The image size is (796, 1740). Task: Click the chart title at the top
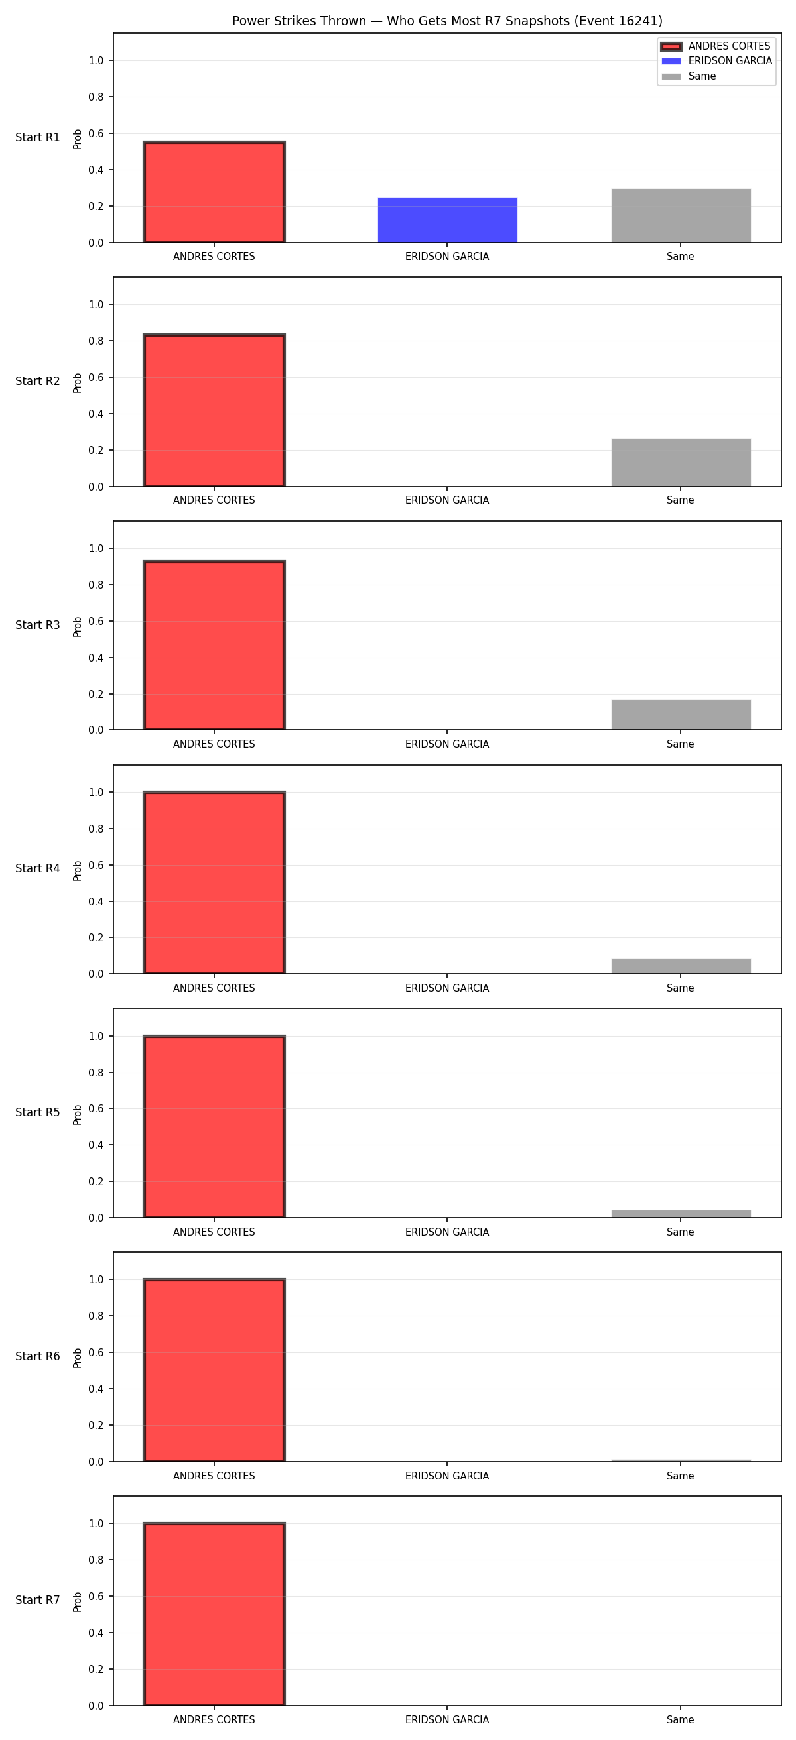tap(447, 21)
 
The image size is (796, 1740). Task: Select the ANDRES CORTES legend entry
tap(716, 46)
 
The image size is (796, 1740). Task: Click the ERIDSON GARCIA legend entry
tap(716, 61)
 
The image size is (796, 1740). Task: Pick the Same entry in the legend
tap(689, 76)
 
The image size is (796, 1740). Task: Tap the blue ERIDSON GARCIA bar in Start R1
tap(447, 219)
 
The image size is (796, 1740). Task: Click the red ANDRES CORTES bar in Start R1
tap(214, 192)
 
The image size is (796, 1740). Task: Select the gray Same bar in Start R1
tap(681, 215)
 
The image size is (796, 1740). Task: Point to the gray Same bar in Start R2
tap(681, 462)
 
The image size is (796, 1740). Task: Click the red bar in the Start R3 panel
tap(214, 645)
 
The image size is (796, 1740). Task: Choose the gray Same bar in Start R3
tap(681, 715)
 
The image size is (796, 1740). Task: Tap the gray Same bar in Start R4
tap(681, 966)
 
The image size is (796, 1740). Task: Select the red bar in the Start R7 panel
tap(214, 1613)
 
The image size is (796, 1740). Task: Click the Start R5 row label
tap(38, 1112)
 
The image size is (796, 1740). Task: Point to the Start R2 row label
tap(38, 381)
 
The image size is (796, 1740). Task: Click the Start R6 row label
tap(38, 1356)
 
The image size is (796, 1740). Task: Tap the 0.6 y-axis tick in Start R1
tap(96, 133)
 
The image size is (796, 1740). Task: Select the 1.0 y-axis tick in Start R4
tap(96, 792)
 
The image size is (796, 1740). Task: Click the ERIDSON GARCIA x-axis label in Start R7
tap(447, 1719)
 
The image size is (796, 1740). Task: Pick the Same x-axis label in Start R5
tap(681, 1232)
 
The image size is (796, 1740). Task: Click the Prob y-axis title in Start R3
tap(78, 627)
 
